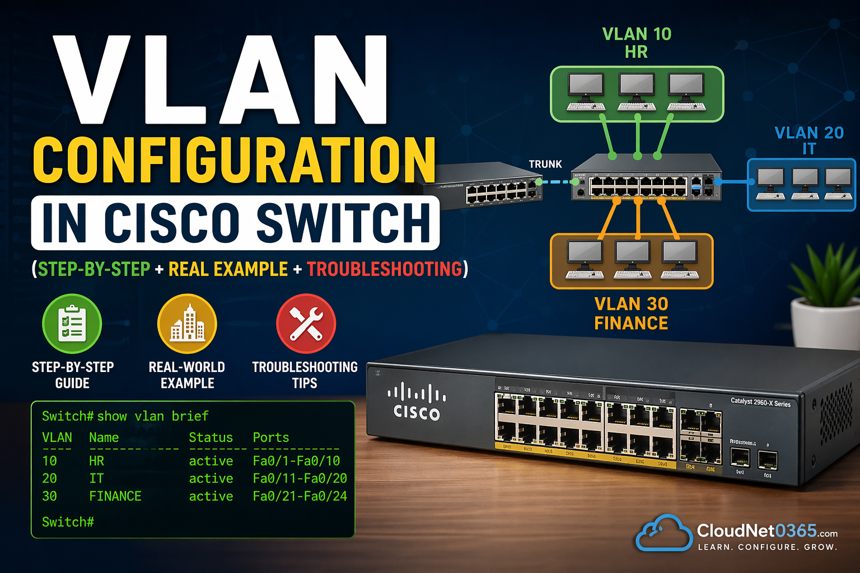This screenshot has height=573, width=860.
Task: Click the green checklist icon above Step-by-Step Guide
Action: click(72, 323)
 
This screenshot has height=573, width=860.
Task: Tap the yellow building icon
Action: click(187, 323)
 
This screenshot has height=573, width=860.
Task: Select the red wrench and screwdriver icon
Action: click(306, 323)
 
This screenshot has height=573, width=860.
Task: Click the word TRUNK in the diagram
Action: click(545, 164)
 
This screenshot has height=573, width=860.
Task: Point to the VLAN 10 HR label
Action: click(637, 43)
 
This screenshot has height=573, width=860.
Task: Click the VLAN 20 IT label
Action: click(808, 140)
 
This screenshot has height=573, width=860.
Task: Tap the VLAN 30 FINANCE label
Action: click(631, 313)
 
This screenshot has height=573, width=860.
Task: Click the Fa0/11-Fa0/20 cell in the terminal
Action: click(300, 478)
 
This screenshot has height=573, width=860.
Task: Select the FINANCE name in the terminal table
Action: click(115, 496)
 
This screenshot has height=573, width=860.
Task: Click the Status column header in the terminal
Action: click(211, 438)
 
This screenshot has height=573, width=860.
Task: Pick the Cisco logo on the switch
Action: click(417, 401)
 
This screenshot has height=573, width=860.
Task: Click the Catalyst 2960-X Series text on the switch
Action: click(760, 402)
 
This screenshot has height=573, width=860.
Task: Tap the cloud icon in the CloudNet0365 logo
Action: click(664, 533)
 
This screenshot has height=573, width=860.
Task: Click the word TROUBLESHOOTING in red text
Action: click(384, 269)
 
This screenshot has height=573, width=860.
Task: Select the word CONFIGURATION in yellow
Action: click(234, 160)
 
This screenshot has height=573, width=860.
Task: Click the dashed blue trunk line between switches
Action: click(557, 182)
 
